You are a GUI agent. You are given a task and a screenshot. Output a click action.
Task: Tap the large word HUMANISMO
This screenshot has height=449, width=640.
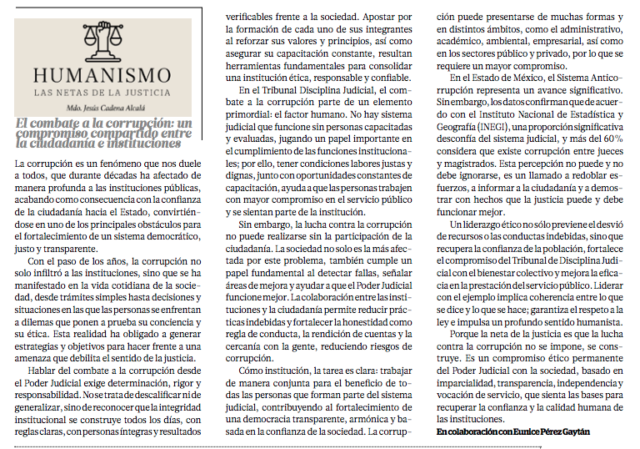104,74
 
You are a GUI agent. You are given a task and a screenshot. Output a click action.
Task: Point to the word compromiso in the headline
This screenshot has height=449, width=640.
52,132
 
